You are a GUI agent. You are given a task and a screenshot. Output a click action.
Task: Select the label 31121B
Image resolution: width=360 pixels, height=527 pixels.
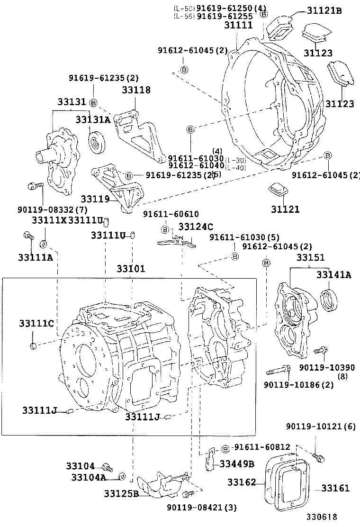point(324,10)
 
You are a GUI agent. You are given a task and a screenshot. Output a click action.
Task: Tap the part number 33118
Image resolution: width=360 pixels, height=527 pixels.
point(136,90)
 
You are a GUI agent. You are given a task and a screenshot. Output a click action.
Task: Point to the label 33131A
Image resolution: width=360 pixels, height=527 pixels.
point(93,119)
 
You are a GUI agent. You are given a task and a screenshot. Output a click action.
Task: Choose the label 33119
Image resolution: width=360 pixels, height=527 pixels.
point(96,199)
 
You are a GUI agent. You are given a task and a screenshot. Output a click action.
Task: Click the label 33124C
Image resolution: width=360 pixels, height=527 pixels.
point(196,227)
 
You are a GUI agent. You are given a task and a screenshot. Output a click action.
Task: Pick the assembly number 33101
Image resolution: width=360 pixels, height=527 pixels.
point(131,269)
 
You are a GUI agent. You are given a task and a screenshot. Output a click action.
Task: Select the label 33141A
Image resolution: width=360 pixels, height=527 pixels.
point(334,275)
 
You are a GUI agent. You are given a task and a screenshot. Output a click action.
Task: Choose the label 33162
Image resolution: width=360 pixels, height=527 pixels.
point(242,482)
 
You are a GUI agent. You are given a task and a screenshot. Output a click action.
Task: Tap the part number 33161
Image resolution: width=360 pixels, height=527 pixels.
point(335,488)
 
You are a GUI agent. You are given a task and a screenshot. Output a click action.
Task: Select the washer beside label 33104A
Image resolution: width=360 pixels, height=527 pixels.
point(121,476)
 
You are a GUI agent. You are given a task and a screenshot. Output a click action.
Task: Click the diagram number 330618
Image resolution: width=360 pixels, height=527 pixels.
point(324,518)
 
